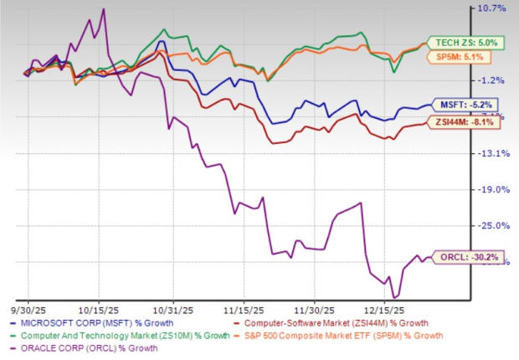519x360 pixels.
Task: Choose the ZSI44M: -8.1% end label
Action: [464, 122]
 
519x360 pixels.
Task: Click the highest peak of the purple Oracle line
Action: [103, 9]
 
